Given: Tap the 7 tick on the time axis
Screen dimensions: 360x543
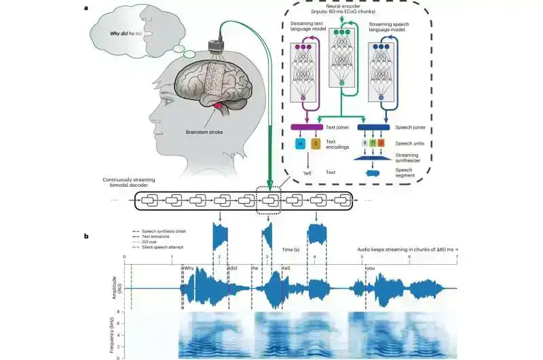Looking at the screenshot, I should [x=457, y=256].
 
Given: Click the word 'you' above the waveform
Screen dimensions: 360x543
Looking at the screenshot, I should [x=371, y=268].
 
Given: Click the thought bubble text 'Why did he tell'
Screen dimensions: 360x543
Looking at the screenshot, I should [x=132, y=33].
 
